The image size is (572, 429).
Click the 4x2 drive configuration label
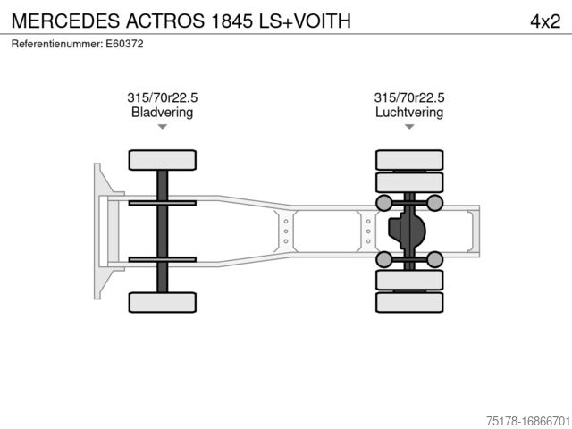coord(544,21)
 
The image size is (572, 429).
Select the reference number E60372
coord(125,43)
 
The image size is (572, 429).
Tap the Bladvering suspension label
coord(162,113)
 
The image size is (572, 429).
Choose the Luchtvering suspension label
coord(409,113)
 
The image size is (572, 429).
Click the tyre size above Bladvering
coord(162,98)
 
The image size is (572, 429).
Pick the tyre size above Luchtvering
coord(409,98)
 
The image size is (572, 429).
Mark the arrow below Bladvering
coord(162,127)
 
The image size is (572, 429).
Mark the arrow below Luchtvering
coord(409,127)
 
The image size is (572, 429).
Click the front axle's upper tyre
coord(162,160)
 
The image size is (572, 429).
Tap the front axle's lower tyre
coord(162,301)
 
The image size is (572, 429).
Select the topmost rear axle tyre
coord(409,160)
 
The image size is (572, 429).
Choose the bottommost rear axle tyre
coord(409,302)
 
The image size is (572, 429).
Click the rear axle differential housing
coord(407,231)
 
